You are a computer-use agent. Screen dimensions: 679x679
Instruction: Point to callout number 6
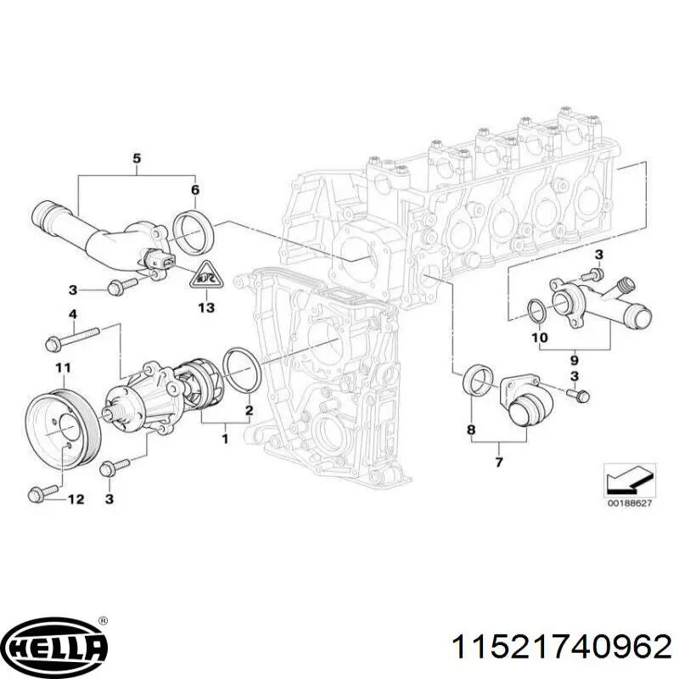point(194,190)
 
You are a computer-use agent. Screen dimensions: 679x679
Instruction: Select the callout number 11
point(61,368)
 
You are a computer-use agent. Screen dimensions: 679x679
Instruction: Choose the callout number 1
point(225,439)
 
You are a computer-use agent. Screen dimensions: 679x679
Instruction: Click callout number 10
point(540,338)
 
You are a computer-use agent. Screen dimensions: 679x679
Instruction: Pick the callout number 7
point(498,462)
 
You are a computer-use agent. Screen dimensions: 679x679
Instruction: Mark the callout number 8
point(471,431)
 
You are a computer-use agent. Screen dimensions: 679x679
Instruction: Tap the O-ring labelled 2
point(243,371)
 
